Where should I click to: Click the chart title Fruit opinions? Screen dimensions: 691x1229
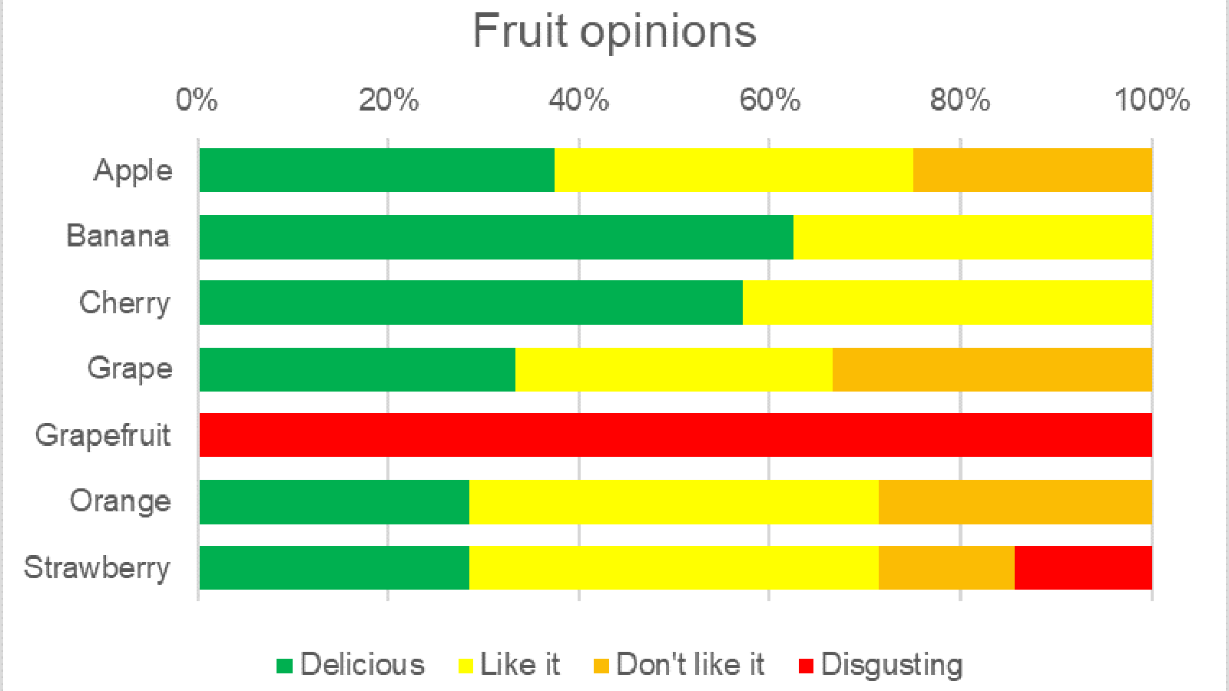[614, 32]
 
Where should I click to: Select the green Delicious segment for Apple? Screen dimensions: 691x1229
[376, 170]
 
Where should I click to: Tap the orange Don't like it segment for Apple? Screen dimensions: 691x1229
[1032, 170]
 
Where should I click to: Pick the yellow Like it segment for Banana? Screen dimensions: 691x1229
[972, 236]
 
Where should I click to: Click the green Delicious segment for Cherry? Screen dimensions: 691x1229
[471, 303]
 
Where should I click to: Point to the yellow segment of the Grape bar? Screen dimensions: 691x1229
[674, 369]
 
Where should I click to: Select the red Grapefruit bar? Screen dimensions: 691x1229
[676, 435]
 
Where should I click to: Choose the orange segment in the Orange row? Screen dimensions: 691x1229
[1015, 501]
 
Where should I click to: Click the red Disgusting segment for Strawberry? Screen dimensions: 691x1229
[1083, 567]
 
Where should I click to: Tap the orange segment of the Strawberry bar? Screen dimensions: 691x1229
[946, 567]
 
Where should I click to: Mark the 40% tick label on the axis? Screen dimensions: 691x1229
[578, 100]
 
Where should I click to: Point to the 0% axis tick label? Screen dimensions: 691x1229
[197, 100]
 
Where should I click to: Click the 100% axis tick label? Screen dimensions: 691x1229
[1151, 100]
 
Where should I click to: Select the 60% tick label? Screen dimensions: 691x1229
[769, 100]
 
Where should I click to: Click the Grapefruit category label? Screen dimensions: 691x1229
[103, 435]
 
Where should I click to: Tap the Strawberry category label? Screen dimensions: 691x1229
[97, 568]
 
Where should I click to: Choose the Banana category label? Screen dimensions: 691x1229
[118, 236]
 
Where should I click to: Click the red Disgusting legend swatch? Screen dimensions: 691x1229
[806, 666]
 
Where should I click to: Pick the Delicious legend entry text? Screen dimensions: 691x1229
[362, 665]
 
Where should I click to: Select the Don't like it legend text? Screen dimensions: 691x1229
[690, 665]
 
